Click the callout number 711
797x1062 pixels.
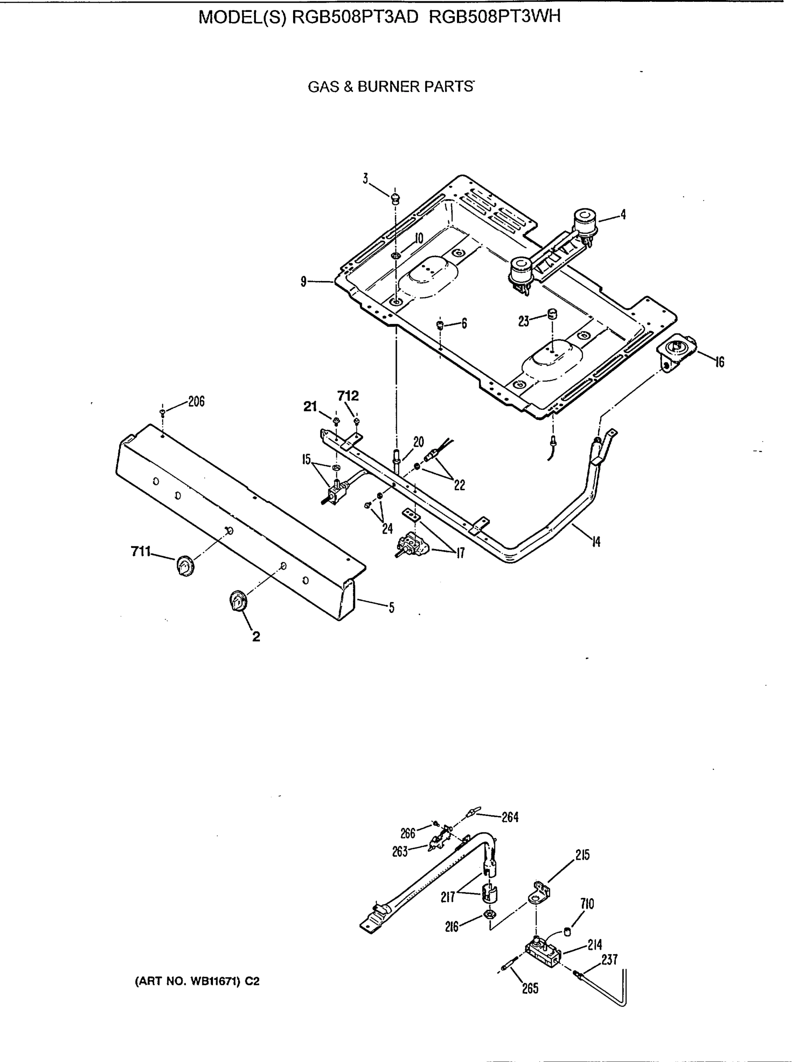tap(140, 552)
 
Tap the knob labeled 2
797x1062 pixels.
tap(237, 601)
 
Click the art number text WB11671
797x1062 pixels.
tap(215, 981)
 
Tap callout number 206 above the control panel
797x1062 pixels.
tap(196, 401)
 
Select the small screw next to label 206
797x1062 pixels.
tap(162, 412)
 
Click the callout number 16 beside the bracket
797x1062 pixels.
tap(719, 362)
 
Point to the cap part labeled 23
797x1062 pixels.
tap(553, 315)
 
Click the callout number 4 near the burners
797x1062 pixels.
tap(623, 215)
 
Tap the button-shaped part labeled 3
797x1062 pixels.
tap(395, 197)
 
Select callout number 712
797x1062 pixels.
tap(348, 396)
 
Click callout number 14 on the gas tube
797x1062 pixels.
tap(596, 542)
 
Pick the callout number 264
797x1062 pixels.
tap(510, 817)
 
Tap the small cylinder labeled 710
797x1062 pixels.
tap(567, 932)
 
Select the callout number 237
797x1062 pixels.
tap(609, 959)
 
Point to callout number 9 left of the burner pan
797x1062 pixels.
tap(303, 281)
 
